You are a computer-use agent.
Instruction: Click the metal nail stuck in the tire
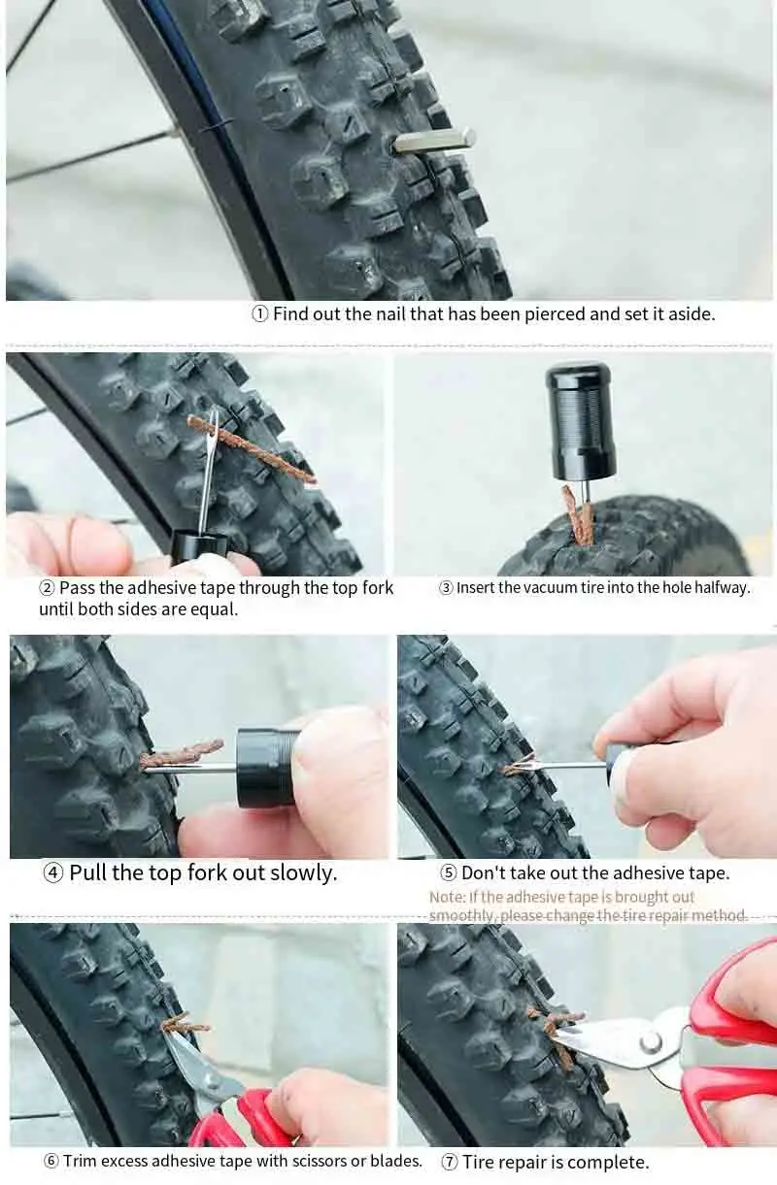[x=433, y=142]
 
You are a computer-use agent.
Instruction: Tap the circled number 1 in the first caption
[x=260, y=313]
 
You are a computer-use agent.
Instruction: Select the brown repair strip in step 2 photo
[x=252, y=448]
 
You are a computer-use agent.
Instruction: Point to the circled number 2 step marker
[x=48, y=588]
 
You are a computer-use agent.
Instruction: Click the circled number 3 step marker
[x=446, y=588]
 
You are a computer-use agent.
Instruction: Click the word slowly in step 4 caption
[x=303, y=872]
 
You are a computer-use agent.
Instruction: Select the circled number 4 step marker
[x=52, y=872]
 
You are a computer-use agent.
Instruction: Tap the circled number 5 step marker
[x=449, y=872]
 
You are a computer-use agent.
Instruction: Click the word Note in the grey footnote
[x=446, y=897]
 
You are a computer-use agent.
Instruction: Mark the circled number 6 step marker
[x=51, y=1161]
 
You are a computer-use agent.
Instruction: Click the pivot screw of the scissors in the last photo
[x=651, y=1041]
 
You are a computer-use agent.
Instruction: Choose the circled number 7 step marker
[x=450, y=1163]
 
